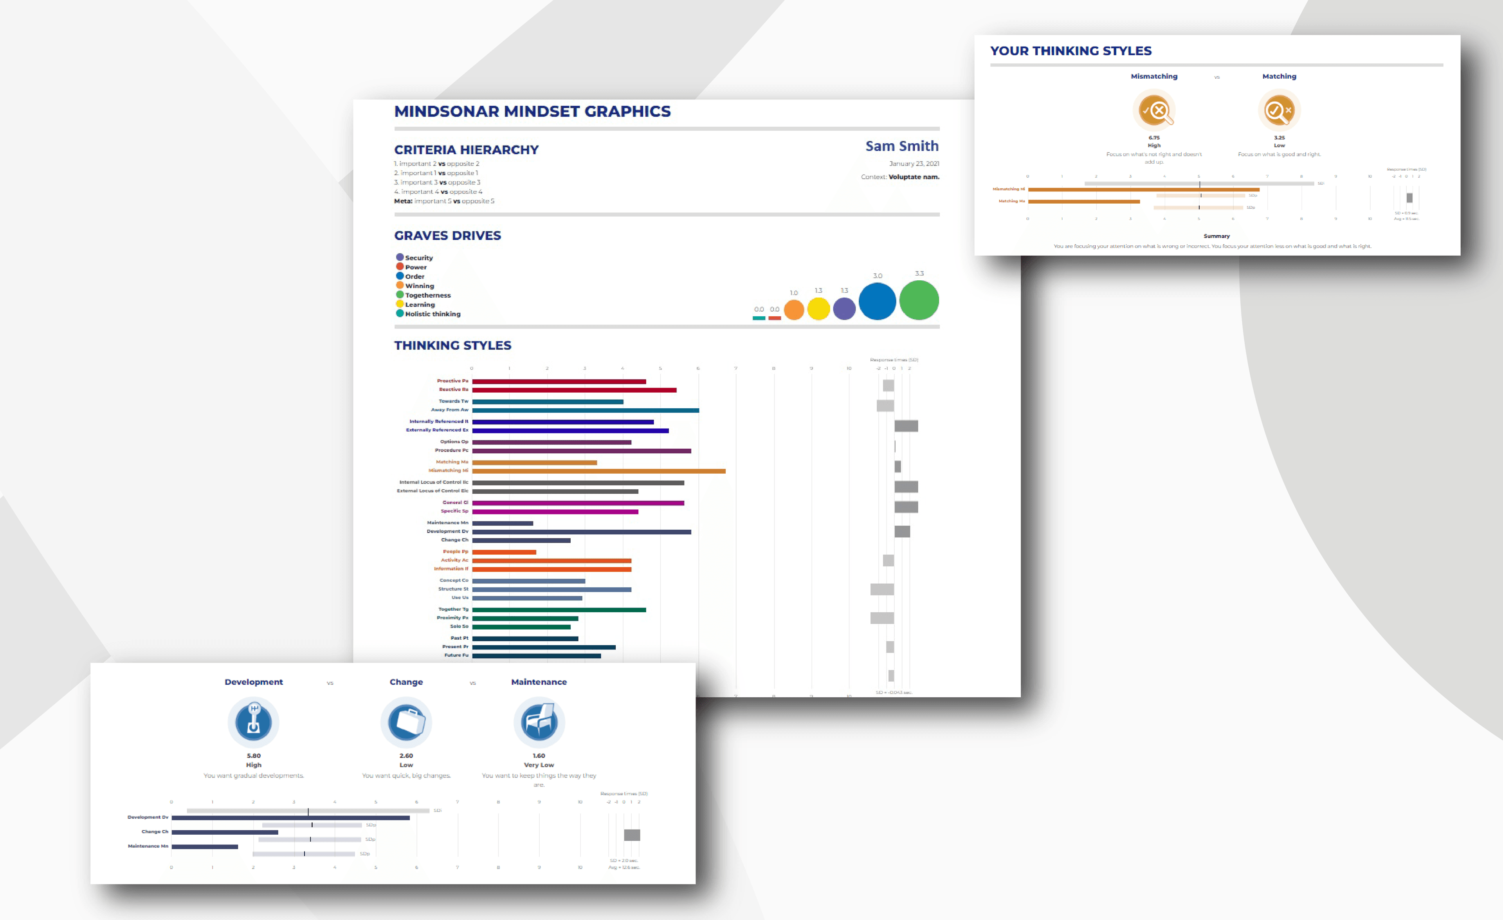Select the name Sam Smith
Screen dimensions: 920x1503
pyautogui.click(x=901, y=146)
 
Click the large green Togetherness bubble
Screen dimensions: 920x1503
pyautogui.click(x=919, y=300)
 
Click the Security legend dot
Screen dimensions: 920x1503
pyautogui.click(x=400, y=258)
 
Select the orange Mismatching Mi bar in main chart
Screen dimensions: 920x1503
pyautogui.click(x=598, y=471)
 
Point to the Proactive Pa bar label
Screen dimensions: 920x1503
pyautogui.click(x=452, y=381)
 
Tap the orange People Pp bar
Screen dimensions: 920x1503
pyautogui.click(x=504, y=552)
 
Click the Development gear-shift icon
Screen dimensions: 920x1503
pyautogui.click(x=253, y=722)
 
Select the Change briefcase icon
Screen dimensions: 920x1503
pyautogui.click(x=406, y=722)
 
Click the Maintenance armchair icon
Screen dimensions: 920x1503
pyautogui.click(x=539, y=722)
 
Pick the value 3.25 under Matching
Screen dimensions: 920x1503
pyautogui.click(x=1279, y=138)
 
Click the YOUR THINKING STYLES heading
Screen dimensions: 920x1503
pyautogui.click(x=1070, y=51)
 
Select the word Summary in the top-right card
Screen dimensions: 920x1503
pyautogui.click(x=1216, y=236)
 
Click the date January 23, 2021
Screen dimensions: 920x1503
pyautogui.click(x=914, y=164)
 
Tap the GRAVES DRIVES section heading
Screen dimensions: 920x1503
pyautogui.click(x=447, y=236)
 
